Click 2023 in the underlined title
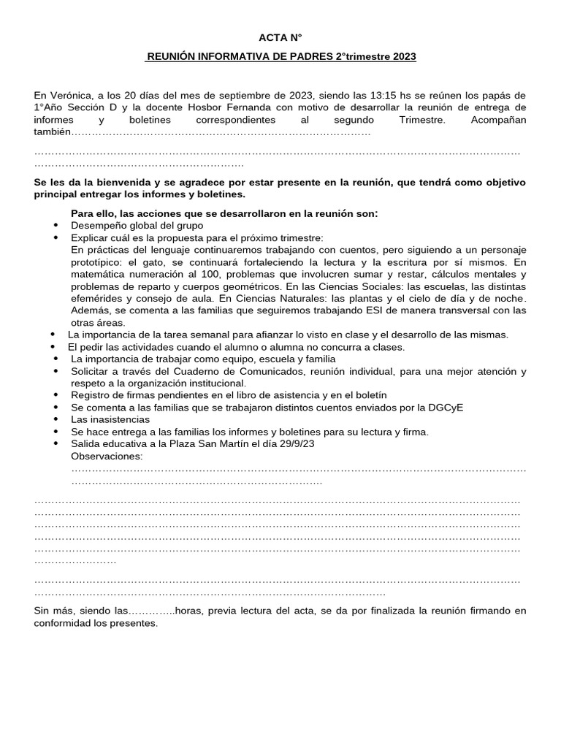402,56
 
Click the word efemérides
97,297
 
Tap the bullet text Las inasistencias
110,419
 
